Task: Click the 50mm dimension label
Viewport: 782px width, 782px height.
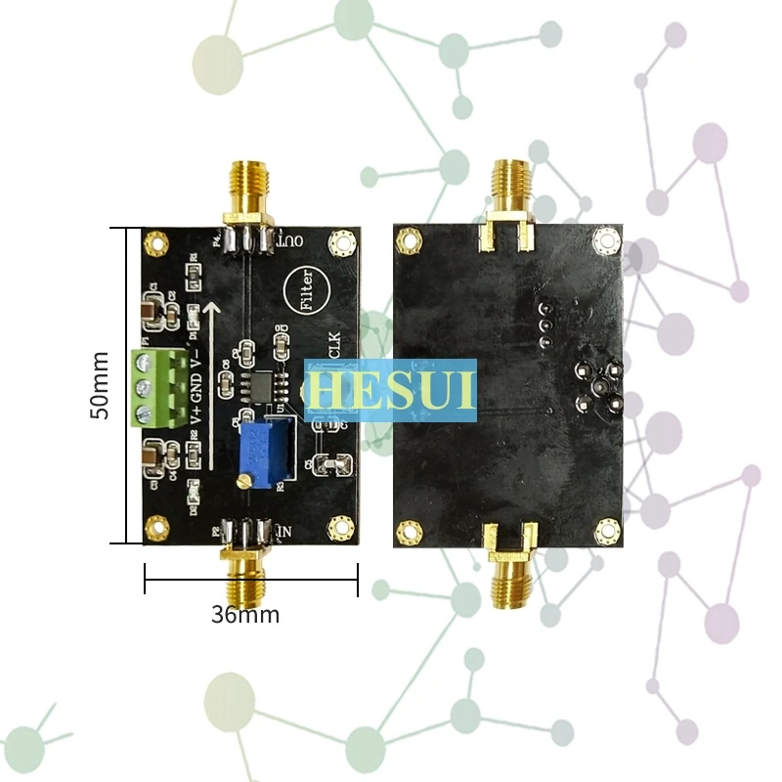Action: [101, 385]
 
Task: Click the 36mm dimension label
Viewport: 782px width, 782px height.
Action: [245, 615]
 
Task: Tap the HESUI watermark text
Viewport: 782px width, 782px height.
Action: [390, 389]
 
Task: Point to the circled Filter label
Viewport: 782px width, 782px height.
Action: [305, 290]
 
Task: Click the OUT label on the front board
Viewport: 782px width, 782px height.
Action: [290, 239]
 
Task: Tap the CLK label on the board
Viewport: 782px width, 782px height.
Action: [331, 347]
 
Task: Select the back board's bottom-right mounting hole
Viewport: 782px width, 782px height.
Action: [606, 529]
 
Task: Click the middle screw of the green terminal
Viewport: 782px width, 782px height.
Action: [146, 387]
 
